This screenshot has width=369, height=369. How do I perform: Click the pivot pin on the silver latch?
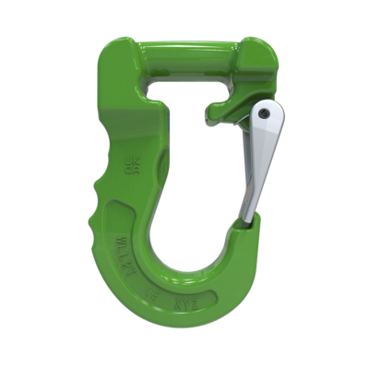point(266,113)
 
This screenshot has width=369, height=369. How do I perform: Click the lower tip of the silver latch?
point(246,219)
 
